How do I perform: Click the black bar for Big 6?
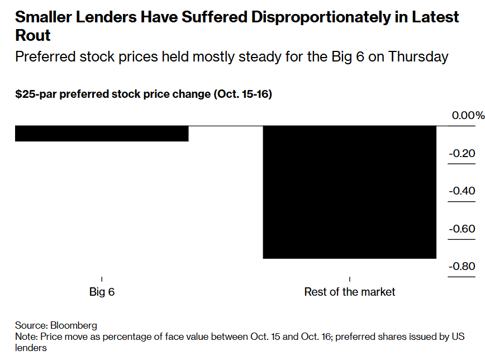point(101,134)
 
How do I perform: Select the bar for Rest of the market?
point(349,192)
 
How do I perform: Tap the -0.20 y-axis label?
point(462,154)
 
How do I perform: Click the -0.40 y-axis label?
point(462,191)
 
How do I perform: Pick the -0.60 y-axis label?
point(462,229)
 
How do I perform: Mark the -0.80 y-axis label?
point(462,266)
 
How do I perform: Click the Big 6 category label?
point(102,292)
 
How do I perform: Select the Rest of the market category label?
point(349,292)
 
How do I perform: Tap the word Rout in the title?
point(32,36)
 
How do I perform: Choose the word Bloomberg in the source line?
point(74,325)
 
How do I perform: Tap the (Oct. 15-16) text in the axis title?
point(242,94)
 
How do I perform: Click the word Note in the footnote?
point(25,337)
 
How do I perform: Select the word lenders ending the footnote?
point(31,348)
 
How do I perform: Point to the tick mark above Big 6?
point(102,278)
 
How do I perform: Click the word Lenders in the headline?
point(106,17)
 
